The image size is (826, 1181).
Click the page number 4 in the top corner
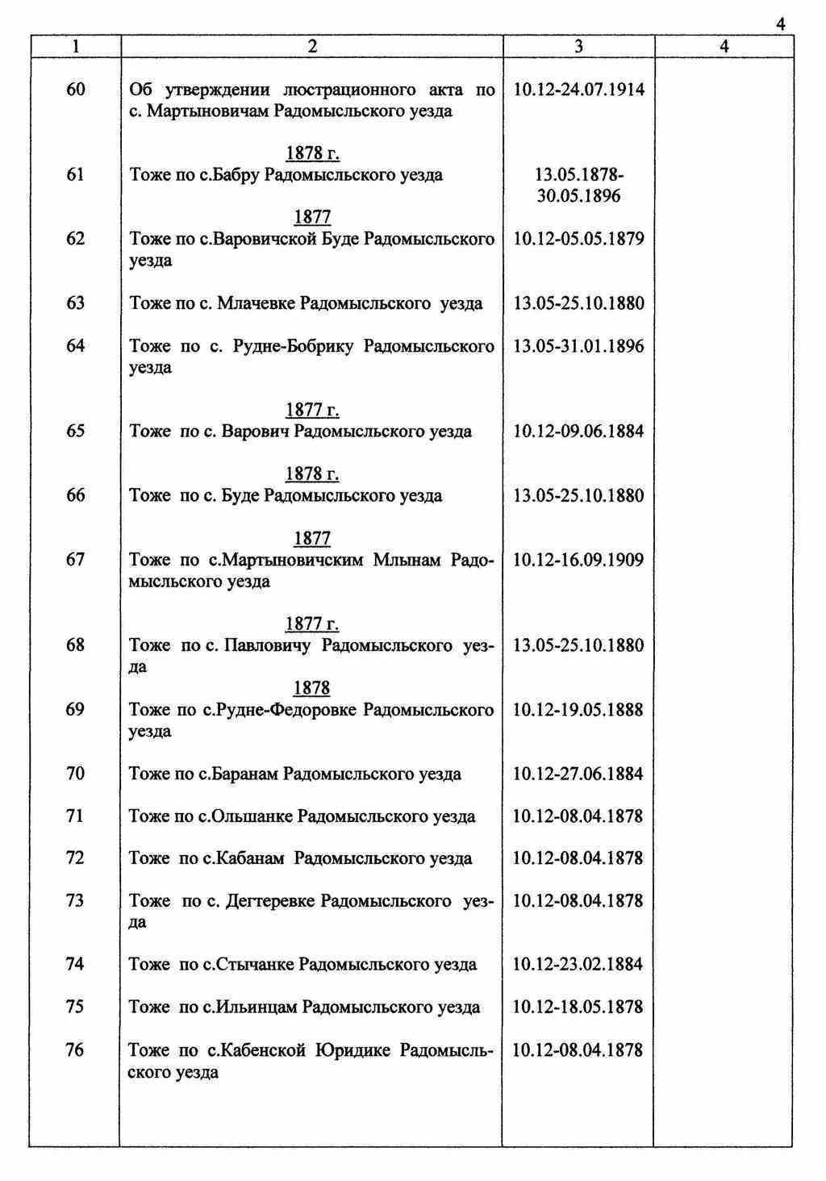coord(780,25)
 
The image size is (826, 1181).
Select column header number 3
coord(578,48)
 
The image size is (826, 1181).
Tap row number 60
coord(75,90)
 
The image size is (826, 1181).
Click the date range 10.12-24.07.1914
coord(578,90)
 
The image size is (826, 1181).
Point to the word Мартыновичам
coord(208,111)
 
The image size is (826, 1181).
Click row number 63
coord(75,303)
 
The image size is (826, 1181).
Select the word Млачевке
coord(256,303)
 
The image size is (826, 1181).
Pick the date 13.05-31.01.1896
coord(578,346)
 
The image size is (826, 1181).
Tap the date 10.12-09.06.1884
coord(578,432)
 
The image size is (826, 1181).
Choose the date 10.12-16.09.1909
coord(578,560)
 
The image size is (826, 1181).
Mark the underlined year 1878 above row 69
coord(311,688)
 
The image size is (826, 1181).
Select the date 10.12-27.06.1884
coord(578,774)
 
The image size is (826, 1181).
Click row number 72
coord(75,858)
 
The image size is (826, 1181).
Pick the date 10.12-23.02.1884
coord(578,965)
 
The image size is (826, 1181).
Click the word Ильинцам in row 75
coord(257,1008)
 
